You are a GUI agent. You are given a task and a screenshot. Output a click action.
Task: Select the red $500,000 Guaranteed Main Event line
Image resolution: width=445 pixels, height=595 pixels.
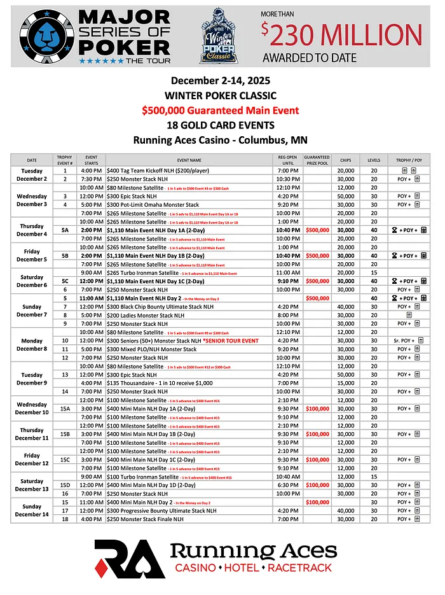pyautogui.click(x=220, y=110)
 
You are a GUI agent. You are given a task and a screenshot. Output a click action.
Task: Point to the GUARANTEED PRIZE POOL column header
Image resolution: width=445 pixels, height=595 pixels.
pyautogui.click(x=317, y=159)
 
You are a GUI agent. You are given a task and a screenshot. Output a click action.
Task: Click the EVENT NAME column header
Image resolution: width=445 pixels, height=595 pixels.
pyautogui.click(x=189, y=160)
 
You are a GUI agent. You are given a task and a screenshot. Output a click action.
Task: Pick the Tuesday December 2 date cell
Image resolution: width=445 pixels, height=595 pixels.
pyautogui.click(x=32, y=174)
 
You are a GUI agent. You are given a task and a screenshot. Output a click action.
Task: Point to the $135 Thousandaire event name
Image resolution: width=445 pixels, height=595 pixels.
pyautogui.click(x=154, y=382)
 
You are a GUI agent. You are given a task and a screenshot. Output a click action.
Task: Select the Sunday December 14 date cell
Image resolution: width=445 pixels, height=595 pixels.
pyautogui.click(x=32, y=510)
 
